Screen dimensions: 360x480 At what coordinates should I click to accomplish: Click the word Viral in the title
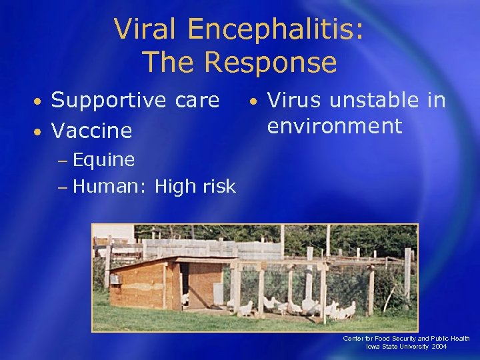click(x=147, y=30)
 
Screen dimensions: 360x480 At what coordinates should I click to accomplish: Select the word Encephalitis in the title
click(x=269, y=30)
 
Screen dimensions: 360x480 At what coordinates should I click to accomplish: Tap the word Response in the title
click(x=271, y=63)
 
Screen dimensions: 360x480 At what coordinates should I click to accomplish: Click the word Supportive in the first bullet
click(x=107, y=100)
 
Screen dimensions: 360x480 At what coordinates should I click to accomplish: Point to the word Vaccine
click(x=91, y=130)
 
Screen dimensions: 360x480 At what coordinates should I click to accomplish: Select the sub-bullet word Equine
click(x=103, y=160)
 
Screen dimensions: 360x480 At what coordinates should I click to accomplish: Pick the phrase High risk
click(x=195, y=186)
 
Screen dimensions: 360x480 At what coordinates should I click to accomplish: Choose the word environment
click(x=335, y=126)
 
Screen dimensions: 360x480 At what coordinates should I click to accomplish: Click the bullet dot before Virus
click(x=253, y=102)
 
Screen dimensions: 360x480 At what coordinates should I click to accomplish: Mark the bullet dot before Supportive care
click(x=39, y=102)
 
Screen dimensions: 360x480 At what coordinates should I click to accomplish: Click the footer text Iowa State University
click(x=397, y=347)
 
